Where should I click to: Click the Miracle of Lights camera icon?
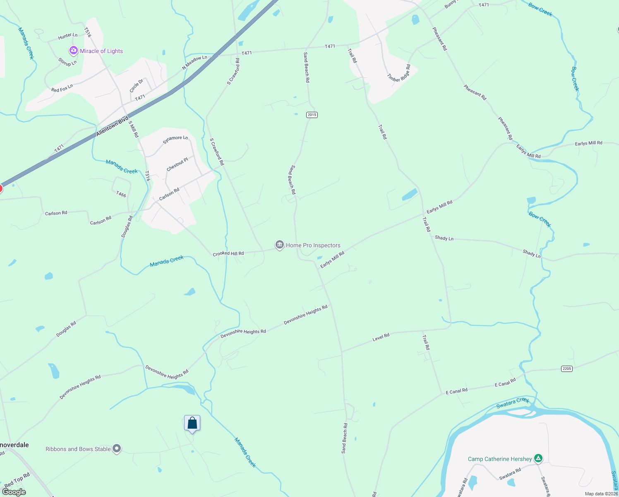point(74,51)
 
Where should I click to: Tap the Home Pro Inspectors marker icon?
point(280,245)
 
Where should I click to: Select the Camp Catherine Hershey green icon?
point(538,458)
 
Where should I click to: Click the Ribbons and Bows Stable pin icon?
point(117,449)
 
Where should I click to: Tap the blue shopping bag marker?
point(192,423)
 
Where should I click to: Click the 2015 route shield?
point(312,115)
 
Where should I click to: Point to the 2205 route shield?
point(566,369)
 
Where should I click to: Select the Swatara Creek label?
point(513,403)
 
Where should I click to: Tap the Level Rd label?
point(381,337)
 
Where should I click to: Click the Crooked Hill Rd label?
point(228,253)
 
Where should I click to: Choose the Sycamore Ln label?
point(175,140)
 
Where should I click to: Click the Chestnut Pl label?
point(178,164)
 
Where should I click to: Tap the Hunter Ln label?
point(68,36)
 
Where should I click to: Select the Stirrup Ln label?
point(67,62)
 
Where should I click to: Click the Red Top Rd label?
point(17,480)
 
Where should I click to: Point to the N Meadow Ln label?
point(194,62)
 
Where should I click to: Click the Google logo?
point(14,492)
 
